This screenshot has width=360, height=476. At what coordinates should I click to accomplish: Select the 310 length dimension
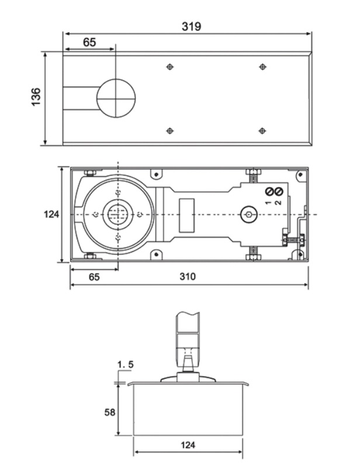(x=188, y=277)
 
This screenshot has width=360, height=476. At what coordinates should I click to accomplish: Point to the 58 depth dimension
(x=110, y=412)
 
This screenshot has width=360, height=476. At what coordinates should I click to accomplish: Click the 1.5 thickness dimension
(x=126, y=365)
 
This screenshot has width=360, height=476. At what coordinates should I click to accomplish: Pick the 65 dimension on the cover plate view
(x=89, y=43)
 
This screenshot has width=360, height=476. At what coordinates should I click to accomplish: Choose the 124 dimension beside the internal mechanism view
(x=52, y=215)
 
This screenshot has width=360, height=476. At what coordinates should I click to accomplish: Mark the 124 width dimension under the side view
(x=188, y=445)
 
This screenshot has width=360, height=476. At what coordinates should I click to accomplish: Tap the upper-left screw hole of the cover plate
(x=169, y=67)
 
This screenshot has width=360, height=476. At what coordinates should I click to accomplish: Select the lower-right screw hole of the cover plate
(x=262, y=130)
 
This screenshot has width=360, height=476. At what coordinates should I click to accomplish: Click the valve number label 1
(x=269, y=202)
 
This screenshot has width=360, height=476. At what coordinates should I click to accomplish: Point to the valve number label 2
(x=279, y=202)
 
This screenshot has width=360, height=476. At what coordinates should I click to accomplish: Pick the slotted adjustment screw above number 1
(x=270, y=192)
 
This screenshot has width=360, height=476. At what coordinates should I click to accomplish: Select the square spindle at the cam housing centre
(x=117, y=214)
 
